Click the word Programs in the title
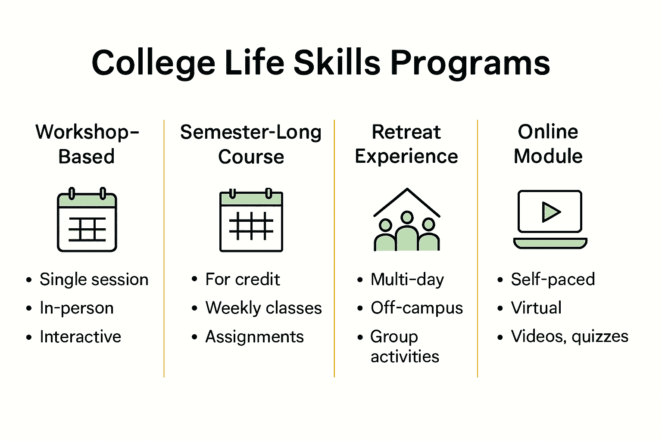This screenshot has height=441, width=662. click(470, 63)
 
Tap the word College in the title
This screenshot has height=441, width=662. click(153, 63)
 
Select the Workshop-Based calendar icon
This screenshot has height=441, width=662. click(87, 220)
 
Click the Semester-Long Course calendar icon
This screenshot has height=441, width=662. click(251, 220)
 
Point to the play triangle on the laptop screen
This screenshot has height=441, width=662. click(551, 212)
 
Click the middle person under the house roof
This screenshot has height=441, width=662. click(406, 233)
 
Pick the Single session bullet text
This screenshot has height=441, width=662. click(94, 280)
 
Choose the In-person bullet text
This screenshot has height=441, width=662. click(77, 308)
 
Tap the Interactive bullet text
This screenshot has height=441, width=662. click(81, 337)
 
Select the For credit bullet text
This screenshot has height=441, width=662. click(243, 280)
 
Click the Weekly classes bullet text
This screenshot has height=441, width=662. click(263, 308)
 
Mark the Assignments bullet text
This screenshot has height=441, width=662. click(254, 337)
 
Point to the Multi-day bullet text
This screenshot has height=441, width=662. click(407, 280)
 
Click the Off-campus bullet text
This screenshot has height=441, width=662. click(417, 308)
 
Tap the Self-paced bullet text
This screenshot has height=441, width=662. click(553, 280)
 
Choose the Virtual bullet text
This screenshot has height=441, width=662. click(536, 308)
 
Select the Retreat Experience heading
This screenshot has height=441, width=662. click(406, 144)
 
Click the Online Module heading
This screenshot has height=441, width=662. click(548, 144)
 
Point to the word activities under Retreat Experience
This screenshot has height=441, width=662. click(405, 357)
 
